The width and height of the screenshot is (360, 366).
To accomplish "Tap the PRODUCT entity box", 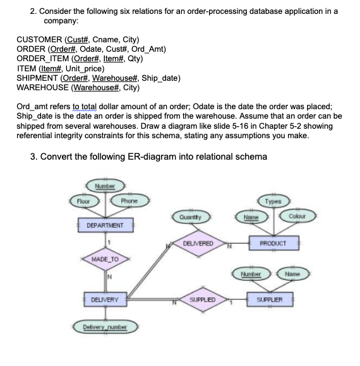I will click(273, 243).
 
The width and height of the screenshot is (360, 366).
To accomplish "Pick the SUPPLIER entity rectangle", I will click(273, 301).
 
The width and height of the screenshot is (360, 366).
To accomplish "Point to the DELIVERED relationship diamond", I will click(198, 243).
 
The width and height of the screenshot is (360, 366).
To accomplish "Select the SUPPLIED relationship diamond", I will click(198, 301).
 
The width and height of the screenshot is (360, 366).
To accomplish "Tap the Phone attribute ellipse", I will click(131, 201).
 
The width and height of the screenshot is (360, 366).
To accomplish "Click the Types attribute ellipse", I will click(273, 201).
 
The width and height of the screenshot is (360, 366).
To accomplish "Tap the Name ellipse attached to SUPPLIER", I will click(297, 276).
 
